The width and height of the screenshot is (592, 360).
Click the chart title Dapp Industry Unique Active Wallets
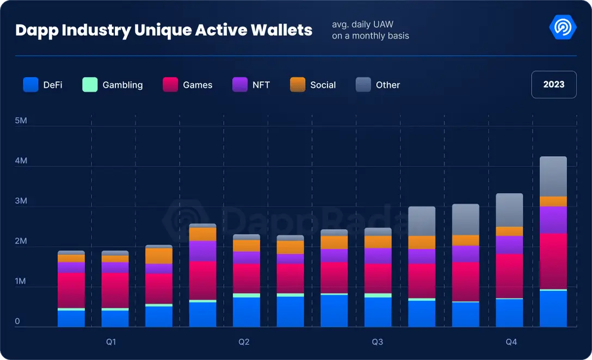pos(164,30)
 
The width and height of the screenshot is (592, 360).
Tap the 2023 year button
pos(553,84)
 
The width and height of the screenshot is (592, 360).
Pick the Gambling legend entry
pos(113,85)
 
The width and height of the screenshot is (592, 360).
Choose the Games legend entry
pos(188,85)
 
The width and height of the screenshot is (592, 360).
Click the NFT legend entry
pos(251,85)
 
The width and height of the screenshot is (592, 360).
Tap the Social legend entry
pos(313,85)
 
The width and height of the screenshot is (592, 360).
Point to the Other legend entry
pos(378,85)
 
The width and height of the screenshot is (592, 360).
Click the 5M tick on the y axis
pos(21,121)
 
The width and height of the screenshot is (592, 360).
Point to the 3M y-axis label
pos(21,201)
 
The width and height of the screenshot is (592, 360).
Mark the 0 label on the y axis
pos(17,321)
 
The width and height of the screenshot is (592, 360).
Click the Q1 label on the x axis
pos(111,342)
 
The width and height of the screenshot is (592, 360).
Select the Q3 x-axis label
pos(377,342)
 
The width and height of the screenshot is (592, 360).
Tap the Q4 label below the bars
pos(511,342)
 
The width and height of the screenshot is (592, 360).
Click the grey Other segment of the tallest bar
pos(553,176)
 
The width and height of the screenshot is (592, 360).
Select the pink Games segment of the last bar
pos(553,261)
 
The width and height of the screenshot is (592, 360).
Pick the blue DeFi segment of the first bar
pos(71,319)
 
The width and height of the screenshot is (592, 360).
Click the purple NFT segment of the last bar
pos(553,220)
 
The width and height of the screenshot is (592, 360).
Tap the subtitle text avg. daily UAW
pos(362,25)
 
